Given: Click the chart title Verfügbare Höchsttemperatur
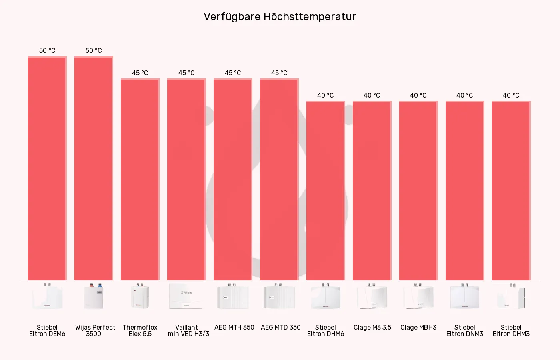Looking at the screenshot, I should (280, 17).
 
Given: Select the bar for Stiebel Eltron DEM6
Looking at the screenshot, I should (47, 168).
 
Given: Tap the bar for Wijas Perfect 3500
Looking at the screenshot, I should (94, 168).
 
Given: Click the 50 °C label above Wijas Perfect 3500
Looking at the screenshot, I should (94, 50).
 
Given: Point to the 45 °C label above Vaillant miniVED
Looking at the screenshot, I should (186, 73).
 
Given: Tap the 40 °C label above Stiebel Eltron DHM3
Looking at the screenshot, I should (511, 95).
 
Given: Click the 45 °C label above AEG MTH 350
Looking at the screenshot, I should (233, 73).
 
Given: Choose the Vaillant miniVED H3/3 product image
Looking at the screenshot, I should (186, 296).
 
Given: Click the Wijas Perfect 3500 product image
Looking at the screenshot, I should (94, 296).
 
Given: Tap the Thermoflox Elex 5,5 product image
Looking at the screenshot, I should (140, 296).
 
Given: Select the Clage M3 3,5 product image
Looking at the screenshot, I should (372, 296).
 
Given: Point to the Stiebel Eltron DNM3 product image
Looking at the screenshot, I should (465, 296).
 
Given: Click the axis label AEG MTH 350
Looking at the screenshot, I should (234, 327).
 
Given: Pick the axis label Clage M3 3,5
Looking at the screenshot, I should (372, 327).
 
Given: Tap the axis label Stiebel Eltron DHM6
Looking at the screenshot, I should (326, 330).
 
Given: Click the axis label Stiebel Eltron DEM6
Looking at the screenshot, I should (47, 330).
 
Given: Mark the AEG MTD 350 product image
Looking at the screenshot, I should (279, 296).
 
